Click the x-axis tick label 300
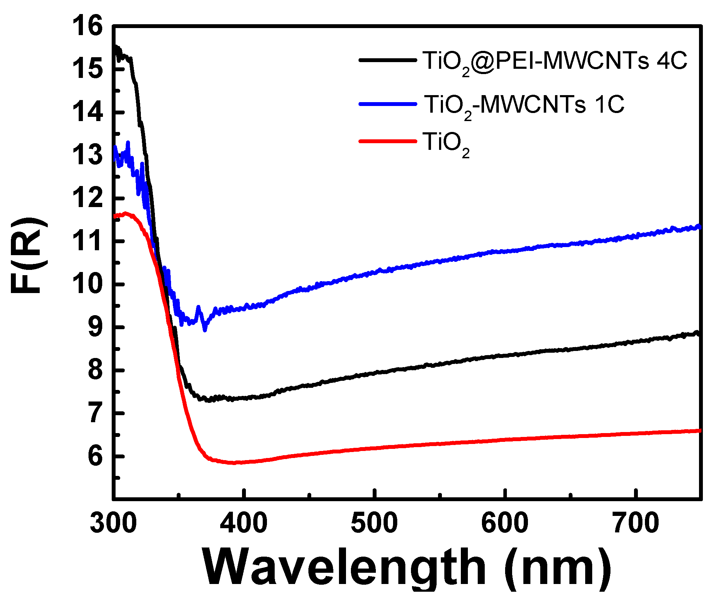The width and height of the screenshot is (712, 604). click(x=113, y=523)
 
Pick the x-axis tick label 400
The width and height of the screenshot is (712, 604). click(x=244, y=523)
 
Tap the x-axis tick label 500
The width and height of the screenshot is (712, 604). click(x=374, y=523)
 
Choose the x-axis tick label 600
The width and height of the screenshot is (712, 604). click(x=505, y=523)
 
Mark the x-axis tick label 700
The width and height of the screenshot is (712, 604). click(x=635, y=523)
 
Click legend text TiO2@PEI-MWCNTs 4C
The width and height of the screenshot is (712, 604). click(x=554, y=62)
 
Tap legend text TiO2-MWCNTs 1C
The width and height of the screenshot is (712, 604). click(x=524, y=105)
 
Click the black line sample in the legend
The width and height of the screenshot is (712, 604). click(x=387, y=60)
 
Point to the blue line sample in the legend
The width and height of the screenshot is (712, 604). click(x=387, y=104)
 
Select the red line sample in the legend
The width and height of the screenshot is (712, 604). click(x=387, y=141)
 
